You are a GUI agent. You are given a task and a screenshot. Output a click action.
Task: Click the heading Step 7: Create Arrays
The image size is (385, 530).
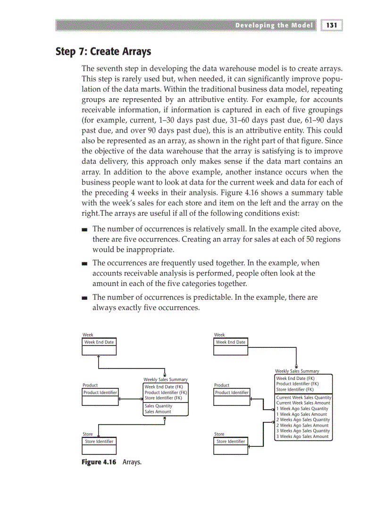click(103, 51)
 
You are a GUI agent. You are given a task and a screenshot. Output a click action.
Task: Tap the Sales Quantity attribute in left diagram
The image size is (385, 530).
click(159, 406)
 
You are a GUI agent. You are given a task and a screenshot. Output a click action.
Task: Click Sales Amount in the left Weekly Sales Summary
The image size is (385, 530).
click(158, 412)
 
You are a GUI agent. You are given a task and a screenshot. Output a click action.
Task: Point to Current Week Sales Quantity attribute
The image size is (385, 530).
click(303, 397)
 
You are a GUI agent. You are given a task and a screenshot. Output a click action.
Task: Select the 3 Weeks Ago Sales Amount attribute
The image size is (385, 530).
click(302, 437)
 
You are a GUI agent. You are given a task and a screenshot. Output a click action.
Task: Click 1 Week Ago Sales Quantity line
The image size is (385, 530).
click(302, 409)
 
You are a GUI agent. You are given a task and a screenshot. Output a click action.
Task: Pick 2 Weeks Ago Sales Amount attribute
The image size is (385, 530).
click(302, 425)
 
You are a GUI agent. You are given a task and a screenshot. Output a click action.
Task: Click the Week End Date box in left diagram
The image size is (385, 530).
click(99, 342)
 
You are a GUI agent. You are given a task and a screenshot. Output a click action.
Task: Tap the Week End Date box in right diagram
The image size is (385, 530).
click(231, 342)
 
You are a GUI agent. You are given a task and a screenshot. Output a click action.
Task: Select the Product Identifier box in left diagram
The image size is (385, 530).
click(100, 392)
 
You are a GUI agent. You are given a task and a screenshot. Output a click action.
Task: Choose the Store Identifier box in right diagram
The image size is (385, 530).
click(231, 441)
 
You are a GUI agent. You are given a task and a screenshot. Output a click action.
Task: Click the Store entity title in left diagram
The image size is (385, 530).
click(88, 434)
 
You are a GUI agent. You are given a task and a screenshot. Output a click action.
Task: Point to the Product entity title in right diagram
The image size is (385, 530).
click(222, 385)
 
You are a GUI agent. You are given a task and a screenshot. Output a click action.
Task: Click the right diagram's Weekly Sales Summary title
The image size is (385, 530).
click(297, 371)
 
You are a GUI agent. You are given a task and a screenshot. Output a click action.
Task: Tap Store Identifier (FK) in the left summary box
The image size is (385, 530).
click(163, 398)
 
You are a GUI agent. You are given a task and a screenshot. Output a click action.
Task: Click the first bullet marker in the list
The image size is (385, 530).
click(84, 229)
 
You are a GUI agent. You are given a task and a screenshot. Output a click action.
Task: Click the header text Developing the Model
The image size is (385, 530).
click(274, 25)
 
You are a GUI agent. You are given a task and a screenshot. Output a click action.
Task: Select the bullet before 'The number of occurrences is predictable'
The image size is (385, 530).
click(84, 298)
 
